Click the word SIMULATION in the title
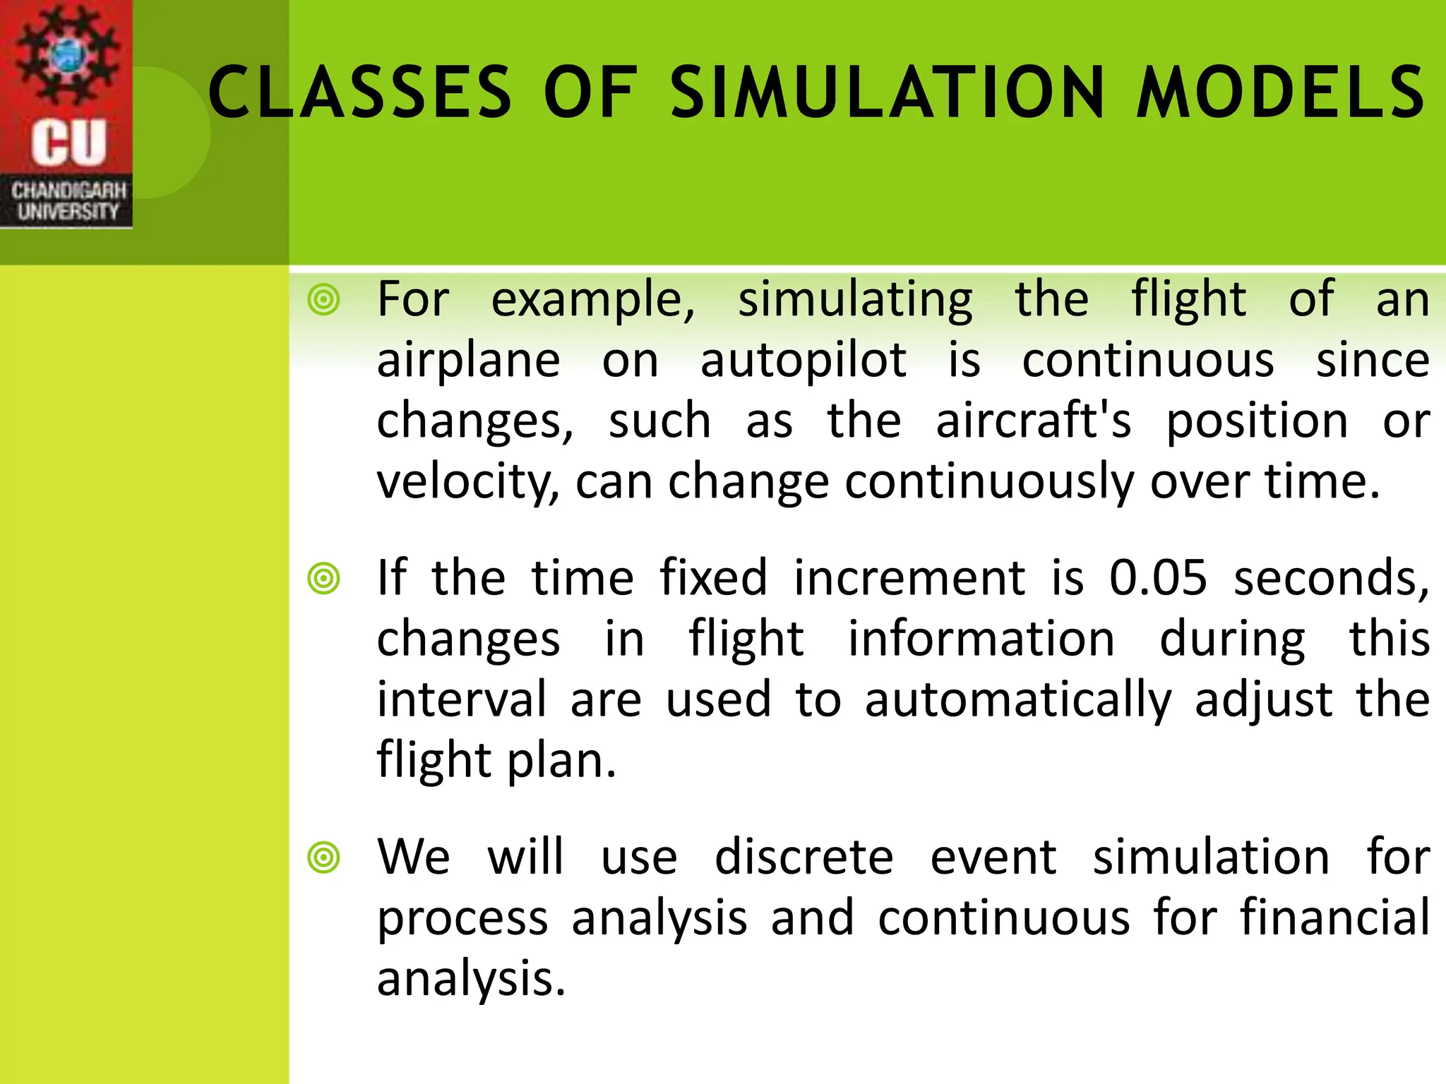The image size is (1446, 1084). pos(887,92)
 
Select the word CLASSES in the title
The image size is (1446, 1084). pos(360,92)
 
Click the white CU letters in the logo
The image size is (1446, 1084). pos(68,142)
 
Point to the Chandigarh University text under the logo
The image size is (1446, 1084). pos(68,201)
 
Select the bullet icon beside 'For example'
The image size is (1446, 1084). pos(324,300)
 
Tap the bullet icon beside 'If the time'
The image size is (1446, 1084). pos(324,579)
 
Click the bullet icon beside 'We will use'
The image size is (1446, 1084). pos(324,858)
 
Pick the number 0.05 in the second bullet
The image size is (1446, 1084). pos(1158,578)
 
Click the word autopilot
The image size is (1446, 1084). pos(803,361)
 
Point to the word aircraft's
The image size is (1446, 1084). pos(1033,421)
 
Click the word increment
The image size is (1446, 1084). pos(909,578)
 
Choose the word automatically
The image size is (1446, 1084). pos(1017,700)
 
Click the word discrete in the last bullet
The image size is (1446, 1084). pos(803,857)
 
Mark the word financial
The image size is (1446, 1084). pos(1335,917)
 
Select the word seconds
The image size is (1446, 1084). pos(1330,578)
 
